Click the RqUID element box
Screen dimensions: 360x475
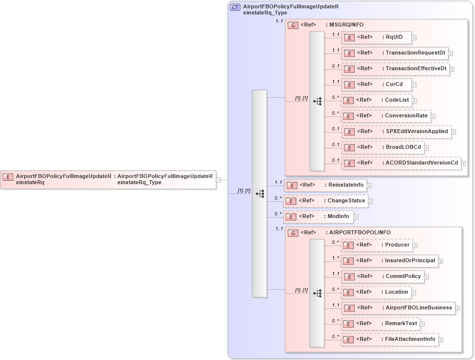click(x=376, y=37)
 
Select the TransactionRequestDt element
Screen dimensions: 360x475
click(x=395, y=53)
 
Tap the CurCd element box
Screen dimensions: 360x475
click(x=376, y=84)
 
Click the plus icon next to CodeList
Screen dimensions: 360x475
click(x=414, y=101)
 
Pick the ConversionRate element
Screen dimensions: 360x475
click(x=386, y=116)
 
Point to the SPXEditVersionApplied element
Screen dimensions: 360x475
click(x=396, y=132)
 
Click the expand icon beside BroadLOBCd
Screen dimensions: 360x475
click(x=426, y=147)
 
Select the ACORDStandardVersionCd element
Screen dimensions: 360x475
click(x=401, y=163)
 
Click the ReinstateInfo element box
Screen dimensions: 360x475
click(x=326, y=185)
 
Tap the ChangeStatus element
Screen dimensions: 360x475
click(x=326, y=201)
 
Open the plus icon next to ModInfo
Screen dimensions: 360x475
click(x=356, y=217)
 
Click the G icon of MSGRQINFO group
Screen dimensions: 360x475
click(x=293, y=25)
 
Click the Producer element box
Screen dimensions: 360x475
click(x=376, y=245)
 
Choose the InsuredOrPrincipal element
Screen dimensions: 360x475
click(x=390, y=261)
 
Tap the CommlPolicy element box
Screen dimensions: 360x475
click(x=383, y=277)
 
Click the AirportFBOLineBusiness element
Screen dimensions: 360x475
click(x=398, y=308)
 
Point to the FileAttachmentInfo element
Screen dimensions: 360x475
click(x=390, y=339)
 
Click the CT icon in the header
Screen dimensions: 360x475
click(x=235, y=7)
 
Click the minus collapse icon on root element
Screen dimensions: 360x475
click(x=218, y=180)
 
